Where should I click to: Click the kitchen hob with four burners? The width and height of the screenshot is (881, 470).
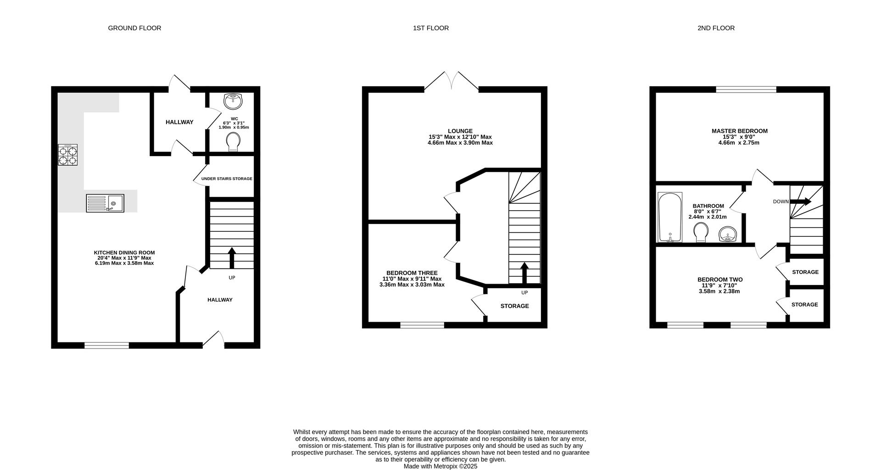67,155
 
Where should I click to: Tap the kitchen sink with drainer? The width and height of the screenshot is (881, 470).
105,203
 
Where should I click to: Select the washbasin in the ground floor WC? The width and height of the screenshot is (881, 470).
234,101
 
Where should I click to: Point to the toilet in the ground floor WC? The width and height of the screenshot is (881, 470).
234,142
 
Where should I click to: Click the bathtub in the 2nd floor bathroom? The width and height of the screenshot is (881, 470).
670,217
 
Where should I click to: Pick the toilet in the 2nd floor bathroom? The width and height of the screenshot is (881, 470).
701,232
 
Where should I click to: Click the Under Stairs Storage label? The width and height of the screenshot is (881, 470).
227,179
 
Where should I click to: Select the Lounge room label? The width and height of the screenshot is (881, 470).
460,131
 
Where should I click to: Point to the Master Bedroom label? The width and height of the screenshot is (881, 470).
740,131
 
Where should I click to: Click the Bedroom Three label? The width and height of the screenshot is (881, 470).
412,273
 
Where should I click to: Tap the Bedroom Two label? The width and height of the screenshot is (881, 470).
720,280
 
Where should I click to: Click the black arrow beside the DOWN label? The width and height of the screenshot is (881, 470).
801,201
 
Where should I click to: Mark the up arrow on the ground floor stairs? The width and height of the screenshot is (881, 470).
232,258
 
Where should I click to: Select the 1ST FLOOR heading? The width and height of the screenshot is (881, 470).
431,28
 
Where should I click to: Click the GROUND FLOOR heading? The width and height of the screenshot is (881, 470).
134,28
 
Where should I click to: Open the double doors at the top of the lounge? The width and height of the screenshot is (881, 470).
452,81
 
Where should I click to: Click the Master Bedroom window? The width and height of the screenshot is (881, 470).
746,90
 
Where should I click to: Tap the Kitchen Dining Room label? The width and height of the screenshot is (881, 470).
124,252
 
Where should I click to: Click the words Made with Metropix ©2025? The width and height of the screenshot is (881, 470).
440,466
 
